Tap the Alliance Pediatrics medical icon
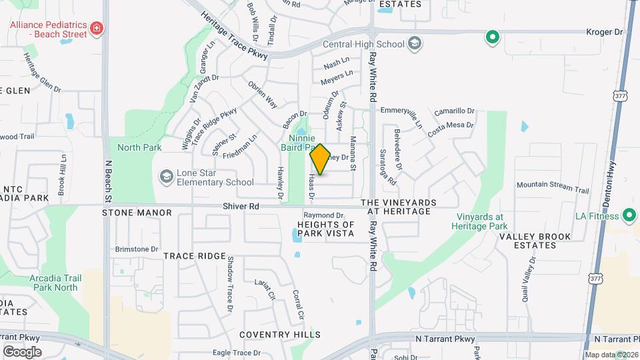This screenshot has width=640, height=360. point(97,28)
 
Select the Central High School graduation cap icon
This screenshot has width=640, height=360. point(415,44)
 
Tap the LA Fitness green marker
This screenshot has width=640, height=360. point(628,215)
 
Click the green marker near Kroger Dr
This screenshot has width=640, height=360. point(492,37)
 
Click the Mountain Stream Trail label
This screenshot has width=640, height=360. point(553,187)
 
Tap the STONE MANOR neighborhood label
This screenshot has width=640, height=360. point(137,213)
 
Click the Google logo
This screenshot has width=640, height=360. point(22,351)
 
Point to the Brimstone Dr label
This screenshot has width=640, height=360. point(136,249)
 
